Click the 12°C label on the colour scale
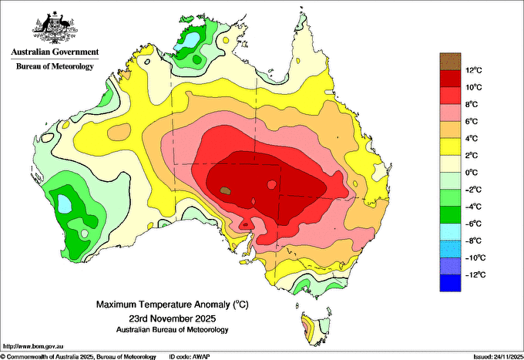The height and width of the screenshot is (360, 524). [x=473, y=71]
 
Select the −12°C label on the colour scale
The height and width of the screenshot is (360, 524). [x=475, y=274]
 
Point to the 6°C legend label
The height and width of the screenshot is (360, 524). [x=473, y=122]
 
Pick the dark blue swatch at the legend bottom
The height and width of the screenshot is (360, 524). [x=449, y=283]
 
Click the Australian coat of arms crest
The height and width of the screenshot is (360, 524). [x=54, y=28]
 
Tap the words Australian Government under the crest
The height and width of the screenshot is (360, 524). [x=54, y=52]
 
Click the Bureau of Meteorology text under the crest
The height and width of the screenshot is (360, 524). [x=54, y=67]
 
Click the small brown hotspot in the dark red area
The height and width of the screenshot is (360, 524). [x=225, y=188]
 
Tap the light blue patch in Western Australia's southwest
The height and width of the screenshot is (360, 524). [x=65, y=204]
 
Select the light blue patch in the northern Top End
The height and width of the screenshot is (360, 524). [x=183, y=45]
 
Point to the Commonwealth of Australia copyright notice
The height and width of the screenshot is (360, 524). [x=77, y=356]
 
